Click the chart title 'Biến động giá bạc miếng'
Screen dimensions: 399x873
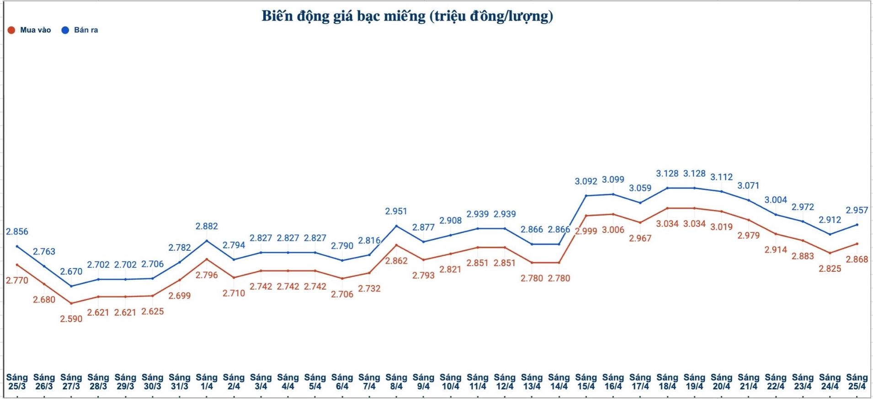407,16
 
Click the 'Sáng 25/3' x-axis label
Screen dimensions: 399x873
17,382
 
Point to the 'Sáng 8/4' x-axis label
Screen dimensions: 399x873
396,382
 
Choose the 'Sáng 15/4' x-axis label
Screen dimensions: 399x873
586,382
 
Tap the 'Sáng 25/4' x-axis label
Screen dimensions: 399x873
857,382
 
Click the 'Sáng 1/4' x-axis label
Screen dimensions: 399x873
207,382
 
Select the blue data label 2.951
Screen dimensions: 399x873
396,211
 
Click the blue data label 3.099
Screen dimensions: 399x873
613,180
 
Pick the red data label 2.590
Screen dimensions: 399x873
71,319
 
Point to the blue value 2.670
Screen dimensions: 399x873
71,271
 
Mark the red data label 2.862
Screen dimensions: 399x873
396,261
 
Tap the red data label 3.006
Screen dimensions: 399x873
613,230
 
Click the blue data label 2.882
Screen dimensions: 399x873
207,226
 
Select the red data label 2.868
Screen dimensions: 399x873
857,259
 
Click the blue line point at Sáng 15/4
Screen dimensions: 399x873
586,196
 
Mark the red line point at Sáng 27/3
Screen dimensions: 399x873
71,303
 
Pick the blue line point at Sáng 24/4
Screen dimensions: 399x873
830,234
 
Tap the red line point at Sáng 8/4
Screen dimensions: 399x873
396,245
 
